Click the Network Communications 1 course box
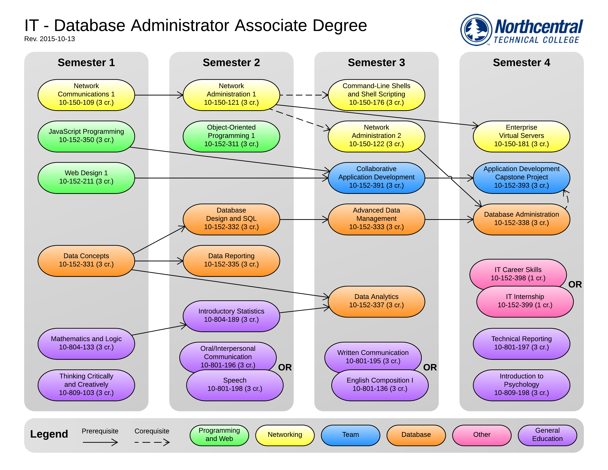click(x=86, y=95)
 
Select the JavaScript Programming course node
click(x=86, y=136)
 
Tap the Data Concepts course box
click(x=86, y=261)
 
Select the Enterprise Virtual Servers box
click(x=521, y=136)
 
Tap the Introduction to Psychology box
click(x=521, y=385)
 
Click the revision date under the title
click(x=50, y=39)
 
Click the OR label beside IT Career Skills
click(x=575, y=284)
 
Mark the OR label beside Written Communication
click(x=430, y=367)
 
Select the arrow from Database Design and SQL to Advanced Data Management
click(x=304, y=219)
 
